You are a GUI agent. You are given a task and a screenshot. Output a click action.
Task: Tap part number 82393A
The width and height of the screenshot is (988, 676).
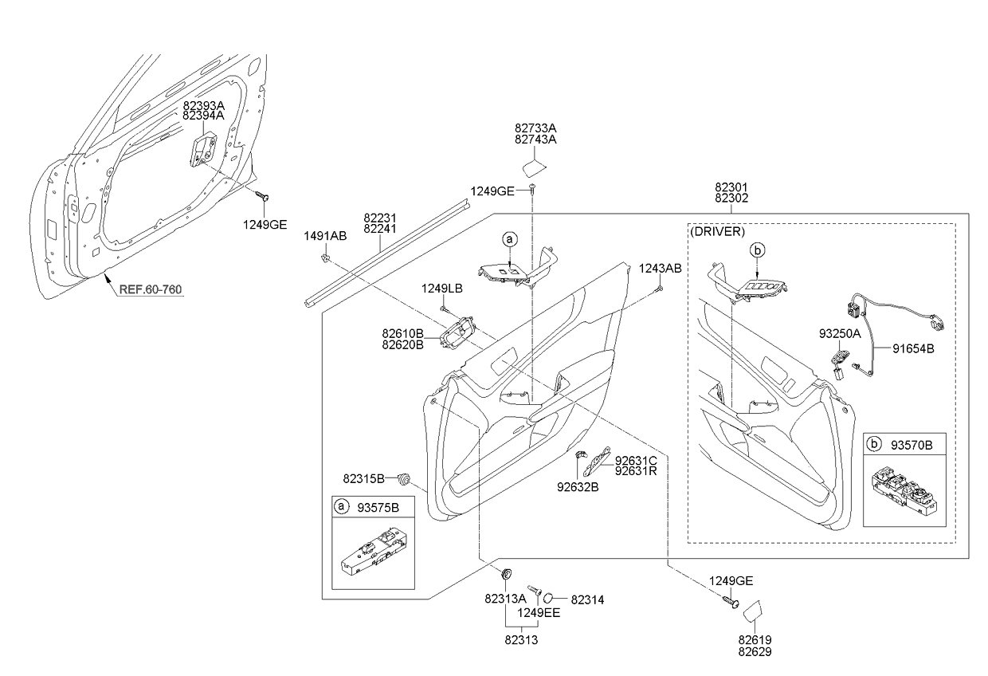203,105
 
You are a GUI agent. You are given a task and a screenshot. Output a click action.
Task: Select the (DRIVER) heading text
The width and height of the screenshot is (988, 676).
718,232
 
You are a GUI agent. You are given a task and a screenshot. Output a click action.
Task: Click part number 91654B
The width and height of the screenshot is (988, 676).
913,348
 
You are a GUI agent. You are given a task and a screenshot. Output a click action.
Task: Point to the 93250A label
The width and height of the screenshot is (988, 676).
839,334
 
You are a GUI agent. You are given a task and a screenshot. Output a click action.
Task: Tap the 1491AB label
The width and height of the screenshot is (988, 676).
325,236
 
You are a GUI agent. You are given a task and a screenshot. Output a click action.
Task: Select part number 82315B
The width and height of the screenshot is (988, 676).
364,478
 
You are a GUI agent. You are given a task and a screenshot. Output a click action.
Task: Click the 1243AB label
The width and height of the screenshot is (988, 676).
660,269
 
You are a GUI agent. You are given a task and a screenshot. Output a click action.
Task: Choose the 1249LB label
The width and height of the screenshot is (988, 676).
442,288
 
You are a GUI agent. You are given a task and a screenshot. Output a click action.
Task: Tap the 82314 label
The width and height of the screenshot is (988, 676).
589,599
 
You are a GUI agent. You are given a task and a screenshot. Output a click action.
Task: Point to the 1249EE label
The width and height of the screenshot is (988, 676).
539,613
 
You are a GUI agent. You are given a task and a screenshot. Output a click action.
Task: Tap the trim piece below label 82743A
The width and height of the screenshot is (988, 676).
533,166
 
